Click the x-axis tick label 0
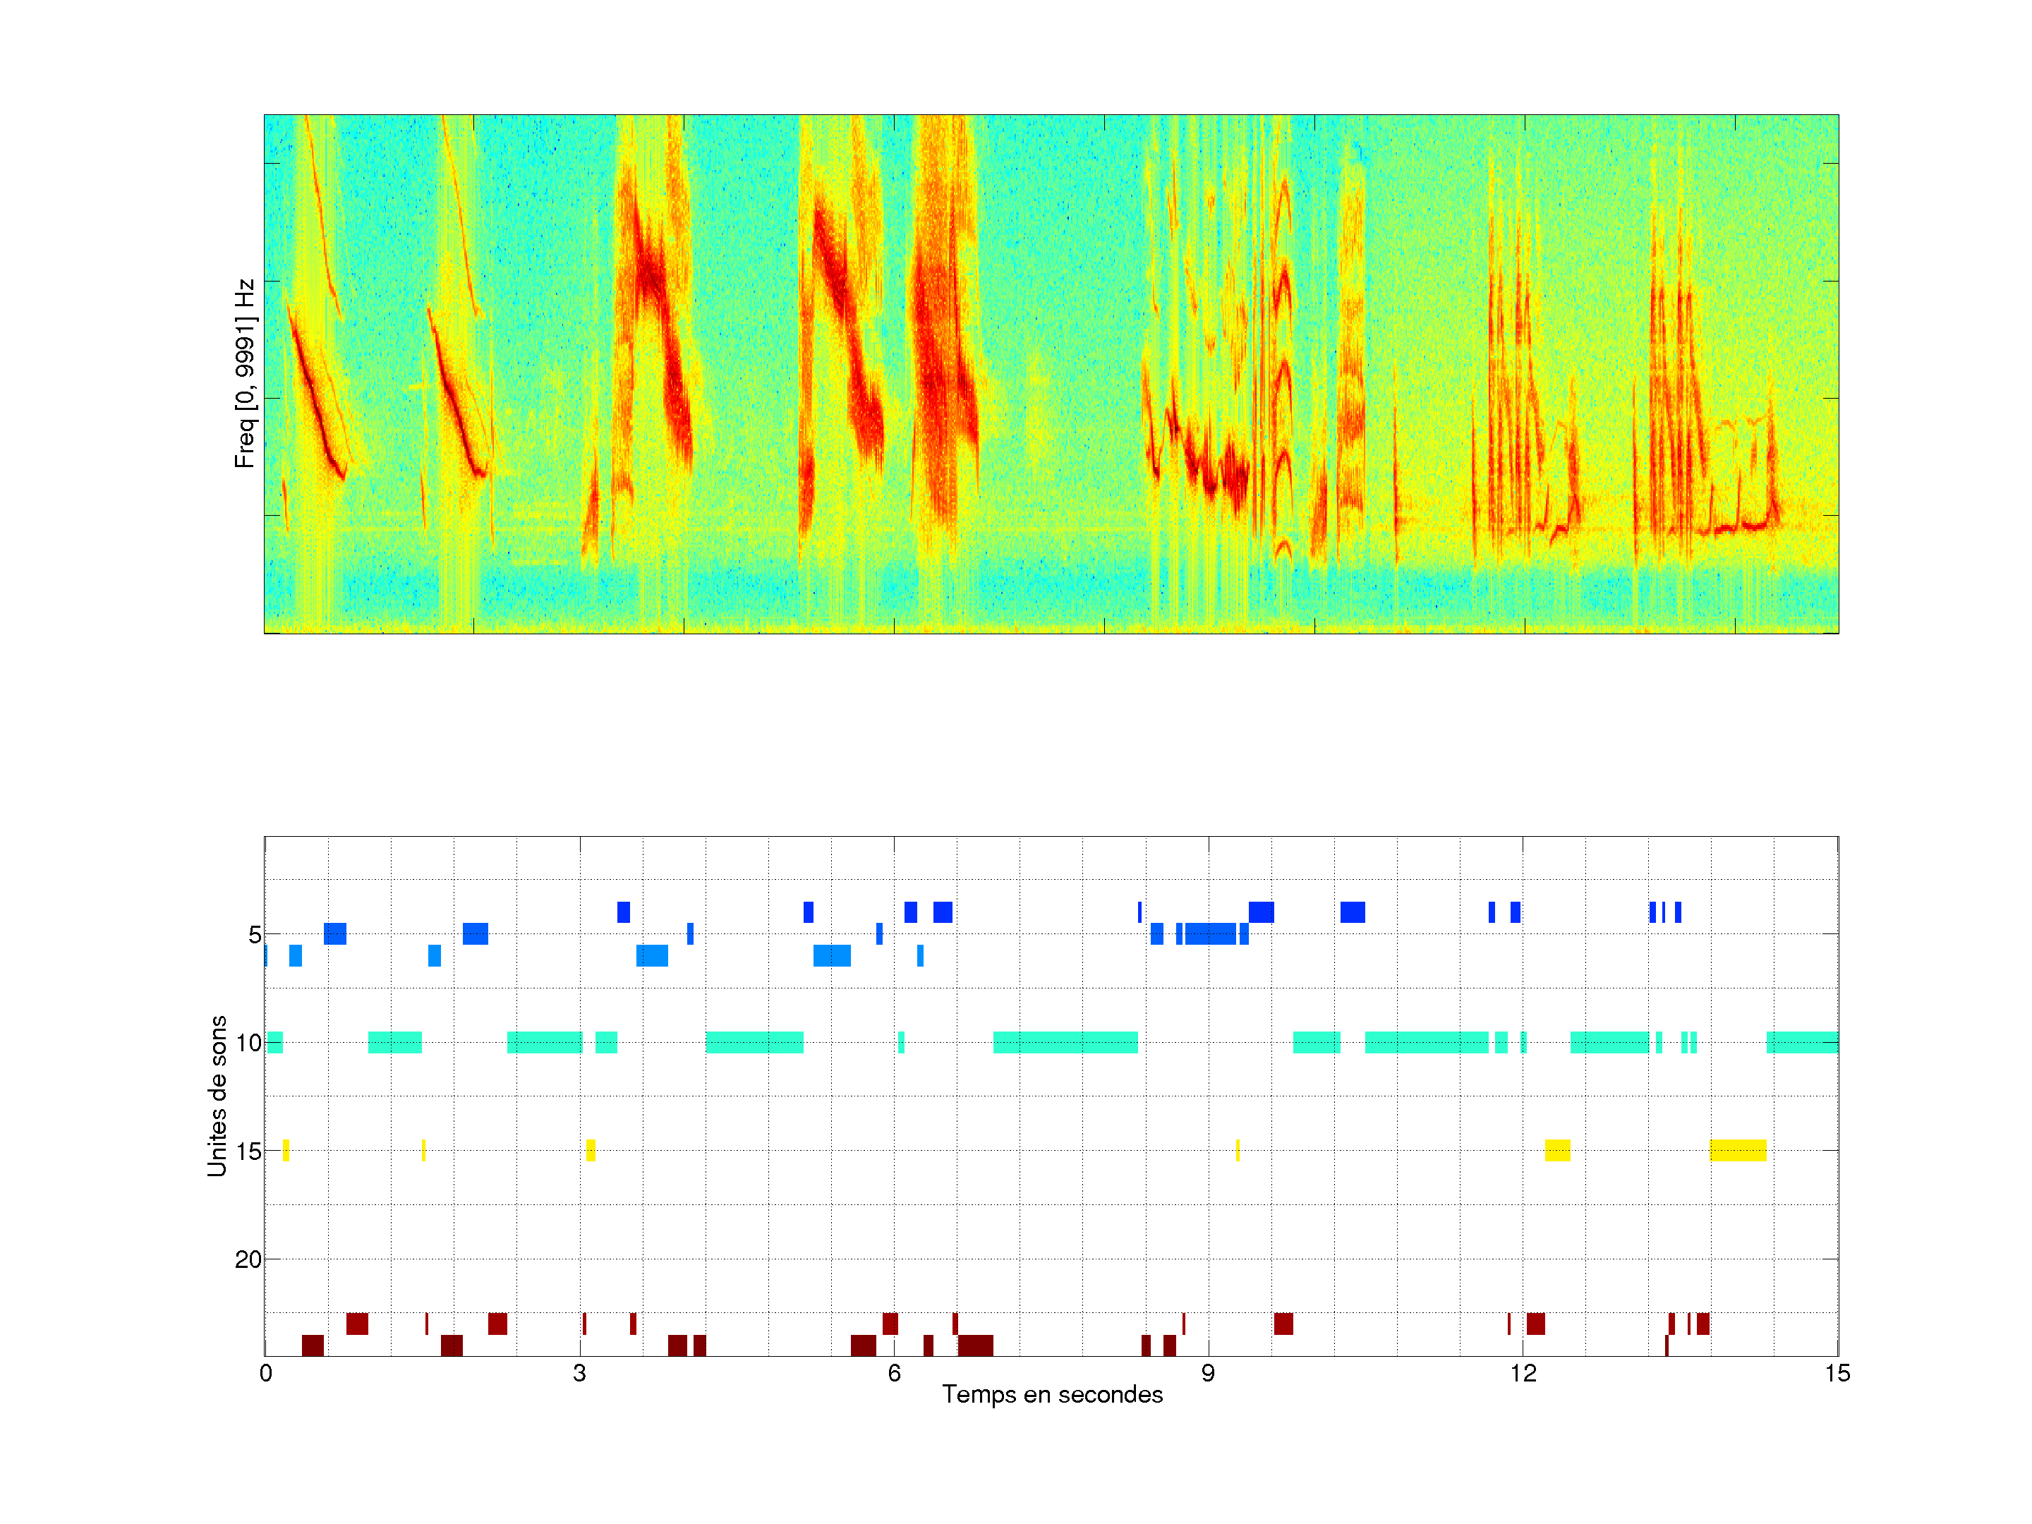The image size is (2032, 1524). pos(265,1373)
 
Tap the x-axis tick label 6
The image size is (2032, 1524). pos(894,1373)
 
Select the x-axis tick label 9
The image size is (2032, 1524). pos(1208,1373)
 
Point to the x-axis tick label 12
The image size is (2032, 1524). pos(1522,1373)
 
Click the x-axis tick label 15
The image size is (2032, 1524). pos(1837,1373)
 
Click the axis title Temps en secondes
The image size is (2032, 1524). pos(1052,1394)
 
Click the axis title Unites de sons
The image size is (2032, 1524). pos(217,1096)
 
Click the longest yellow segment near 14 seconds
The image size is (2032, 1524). pos(1738,1150)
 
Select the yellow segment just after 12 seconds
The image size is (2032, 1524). pos(1557,1150)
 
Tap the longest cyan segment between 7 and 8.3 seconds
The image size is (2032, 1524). pos(1065,1043)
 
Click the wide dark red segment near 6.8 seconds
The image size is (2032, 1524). pos(976,1345)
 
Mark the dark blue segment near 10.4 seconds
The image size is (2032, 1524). pos(1353,912)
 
